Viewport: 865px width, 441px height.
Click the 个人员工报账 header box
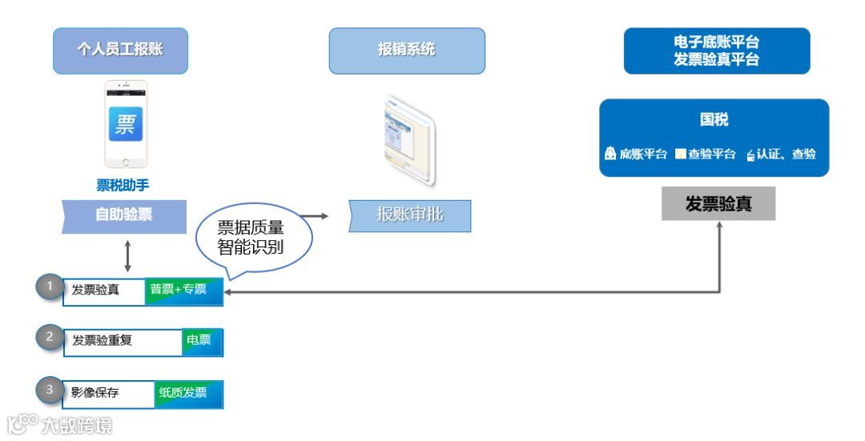click(120, 50)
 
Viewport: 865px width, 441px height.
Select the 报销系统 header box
click(407, 50)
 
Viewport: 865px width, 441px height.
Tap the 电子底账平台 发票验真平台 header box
click(717, 50)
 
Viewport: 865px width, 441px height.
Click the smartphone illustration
click(126, 124)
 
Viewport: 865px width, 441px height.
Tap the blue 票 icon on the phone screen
click(126, 124)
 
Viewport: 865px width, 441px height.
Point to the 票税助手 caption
click(123, 186)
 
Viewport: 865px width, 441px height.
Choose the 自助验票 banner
click(124, 215)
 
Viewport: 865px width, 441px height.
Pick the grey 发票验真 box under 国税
click(718, 204)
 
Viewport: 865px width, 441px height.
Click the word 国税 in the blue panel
click(714, 120)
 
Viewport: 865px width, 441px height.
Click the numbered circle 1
click(50, 287)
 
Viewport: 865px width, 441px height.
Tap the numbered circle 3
click(50, 391)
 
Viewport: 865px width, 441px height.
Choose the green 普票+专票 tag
click(183, 291)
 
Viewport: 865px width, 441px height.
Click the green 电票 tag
click(200, 341)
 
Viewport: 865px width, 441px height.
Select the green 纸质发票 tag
click(187, 393)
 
